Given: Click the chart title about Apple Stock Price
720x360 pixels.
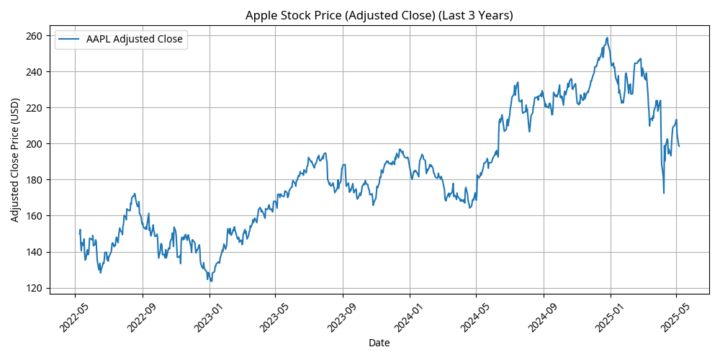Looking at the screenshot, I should [379, 15].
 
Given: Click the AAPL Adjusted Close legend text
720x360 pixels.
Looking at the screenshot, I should [135, 40].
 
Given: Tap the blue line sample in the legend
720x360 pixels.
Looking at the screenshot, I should [71, 40].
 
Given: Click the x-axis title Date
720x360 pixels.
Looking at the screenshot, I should [379, 343].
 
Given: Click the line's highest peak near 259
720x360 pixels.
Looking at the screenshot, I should [608, 38].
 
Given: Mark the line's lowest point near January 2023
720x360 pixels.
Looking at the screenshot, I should [211, 281].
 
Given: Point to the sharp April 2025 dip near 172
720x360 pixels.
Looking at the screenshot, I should [664, 193].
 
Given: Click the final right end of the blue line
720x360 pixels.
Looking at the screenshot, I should [679, 146].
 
